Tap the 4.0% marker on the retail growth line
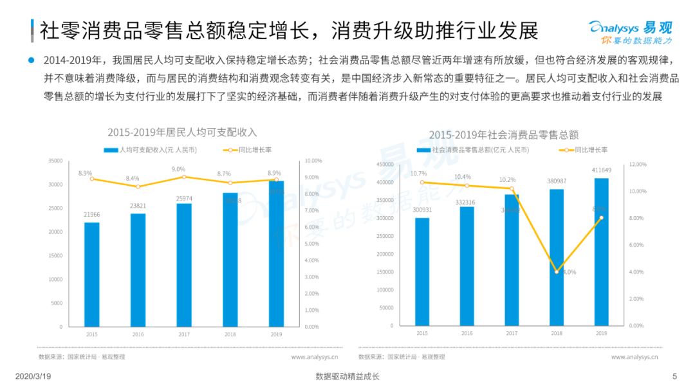point(557,272)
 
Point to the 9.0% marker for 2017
point(184,176)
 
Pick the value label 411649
point(602,170)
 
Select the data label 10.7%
point(418,173)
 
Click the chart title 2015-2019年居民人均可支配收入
point(182,132)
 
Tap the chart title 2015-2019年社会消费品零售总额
point(504,134)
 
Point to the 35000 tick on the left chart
point(55,161)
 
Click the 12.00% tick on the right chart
point(637,165)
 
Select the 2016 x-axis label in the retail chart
point(467,333)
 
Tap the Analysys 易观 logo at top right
point(630,31)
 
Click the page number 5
point(674,376)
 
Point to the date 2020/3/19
point(32,376)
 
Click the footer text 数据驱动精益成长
point(347,376)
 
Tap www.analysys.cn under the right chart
point(635,356)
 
